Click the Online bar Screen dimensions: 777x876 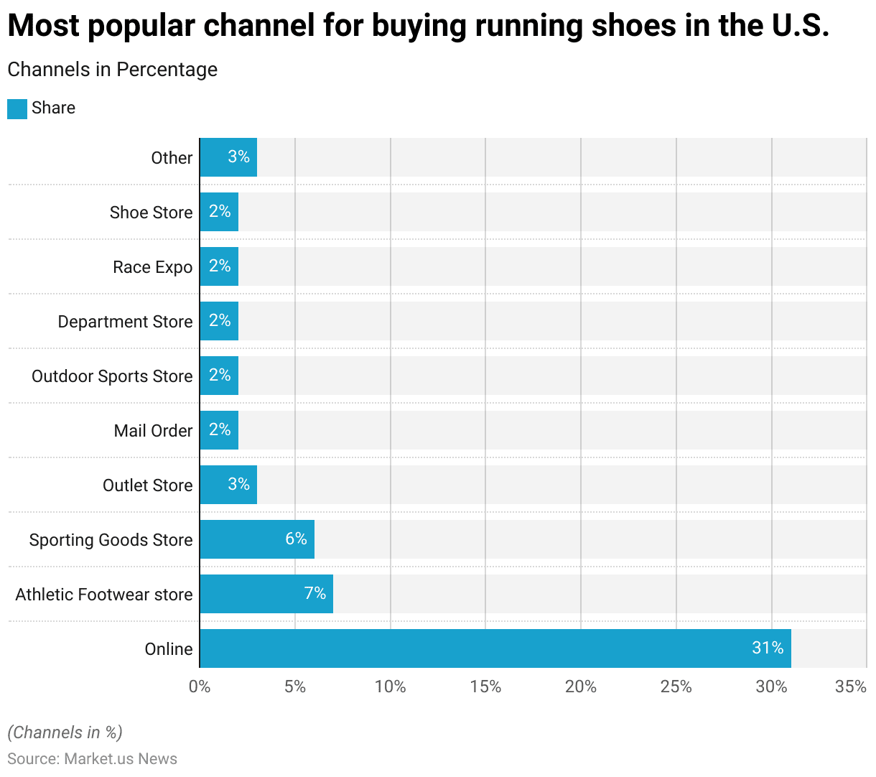(x=495, y=648)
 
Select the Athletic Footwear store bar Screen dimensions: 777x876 (x=266, y=594)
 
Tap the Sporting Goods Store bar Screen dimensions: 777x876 (x=257, y=539)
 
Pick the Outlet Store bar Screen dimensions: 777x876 (x=228, y=485)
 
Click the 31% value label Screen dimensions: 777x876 (x=768, y=648)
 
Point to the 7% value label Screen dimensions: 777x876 (x=315, y=593)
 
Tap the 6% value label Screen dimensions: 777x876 (x=296, y=539)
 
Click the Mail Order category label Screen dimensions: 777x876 (x=153, y=431)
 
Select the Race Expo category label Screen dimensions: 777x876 (x=152, y=267)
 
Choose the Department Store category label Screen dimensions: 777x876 (x=125, y=322)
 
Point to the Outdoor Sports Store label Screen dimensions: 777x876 (x=112, y=376)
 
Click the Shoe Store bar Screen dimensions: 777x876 (x=219, y=212)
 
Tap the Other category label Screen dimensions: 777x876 (x=172, y=158)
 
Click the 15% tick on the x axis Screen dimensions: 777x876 (x=485, y=687)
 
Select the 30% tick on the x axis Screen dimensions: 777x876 (x=771, y=687)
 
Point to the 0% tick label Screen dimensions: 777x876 (x=200, y=687)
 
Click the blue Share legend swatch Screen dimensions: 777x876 (x=17, y=108)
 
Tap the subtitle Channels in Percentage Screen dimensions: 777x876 (x=112, y=70)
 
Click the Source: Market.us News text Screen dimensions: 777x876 (x=92, y=759)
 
